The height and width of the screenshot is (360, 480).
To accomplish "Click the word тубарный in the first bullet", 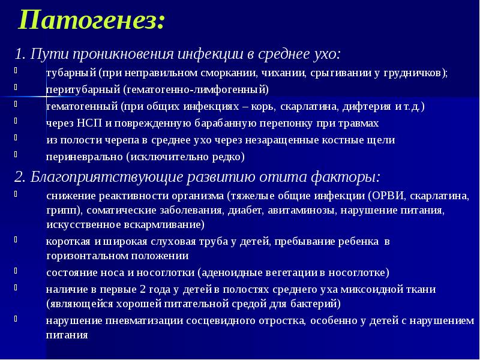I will (x=72, y=73).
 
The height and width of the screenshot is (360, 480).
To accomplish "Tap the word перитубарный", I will (x=83, y=90).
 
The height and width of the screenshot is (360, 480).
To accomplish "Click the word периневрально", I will (x=85, y=157).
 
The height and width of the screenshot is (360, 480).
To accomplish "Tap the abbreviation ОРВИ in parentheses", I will (x=389, y=196).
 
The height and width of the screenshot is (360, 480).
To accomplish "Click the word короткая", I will (x=68, y=242).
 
